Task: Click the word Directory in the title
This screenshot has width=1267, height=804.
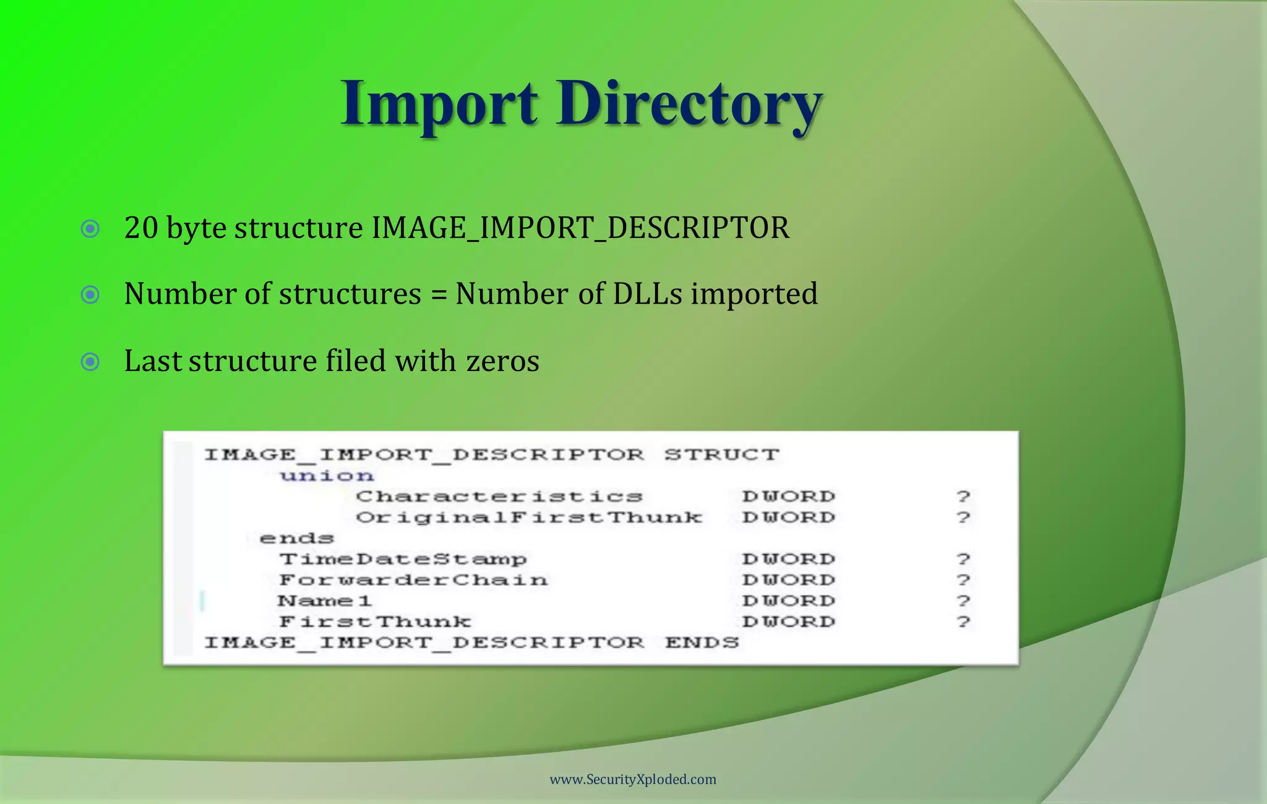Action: [689, 104]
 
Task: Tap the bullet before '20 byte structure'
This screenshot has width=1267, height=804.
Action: [90, 229]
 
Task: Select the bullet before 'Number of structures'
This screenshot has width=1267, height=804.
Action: [90, 294]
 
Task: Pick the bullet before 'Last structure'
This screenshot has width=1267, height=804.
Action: [90, 361]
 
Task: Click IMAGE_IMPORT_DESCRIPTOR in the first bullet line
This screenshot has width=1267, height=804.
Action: [580, 228]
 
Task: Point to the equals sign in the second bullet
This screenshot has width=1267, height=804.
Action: [438, 295]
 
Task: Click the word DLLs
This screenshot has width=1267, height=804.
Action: [647, 294]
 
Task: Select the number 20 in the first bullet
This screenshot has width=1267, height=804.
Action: [141, 228]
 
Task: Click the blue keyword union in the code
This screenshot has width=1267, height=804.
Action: [327, 476]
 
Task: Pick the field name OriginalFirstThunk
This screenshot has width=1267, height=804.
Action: [529, 517]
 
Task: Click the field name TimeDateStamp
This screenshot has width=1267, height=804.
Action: [403, 559]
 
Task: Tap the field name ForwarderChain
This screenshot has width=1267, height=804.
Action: [413, 580]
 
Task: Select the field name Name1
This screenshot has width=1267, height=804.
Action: [324, 601]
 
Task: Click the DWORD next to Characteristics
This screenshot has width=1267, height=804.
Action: [789, 497]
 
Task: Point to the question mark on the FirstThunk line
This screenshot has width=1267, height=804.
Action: [963, 622]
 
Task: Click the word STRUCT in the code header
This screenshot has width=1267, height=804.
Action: [721, 455]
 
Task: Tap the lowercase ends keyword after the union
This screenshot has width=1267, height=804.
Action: [296, 538]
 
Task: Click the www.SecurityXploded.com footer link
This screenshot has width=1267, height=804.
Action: [633, 779]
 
